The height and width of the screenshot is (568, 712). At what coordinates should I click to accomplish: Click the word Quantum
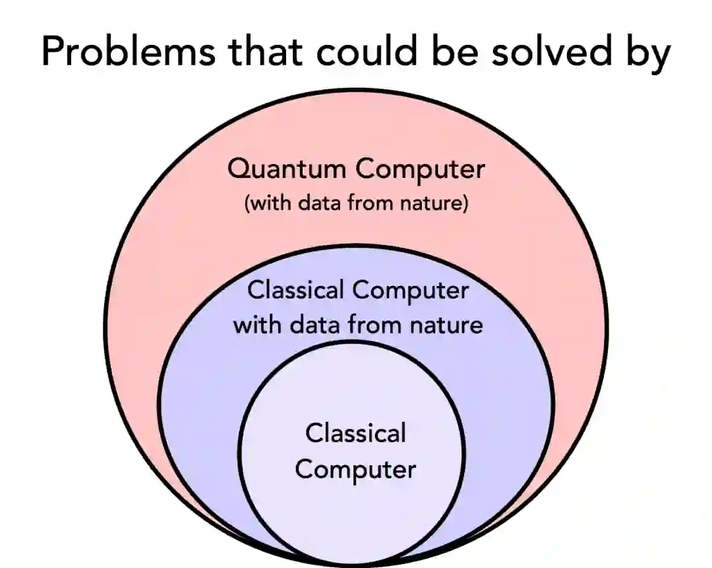point(286,171)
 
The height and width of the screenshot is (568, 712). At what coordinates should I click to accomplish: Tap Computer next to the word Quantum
point(420,171)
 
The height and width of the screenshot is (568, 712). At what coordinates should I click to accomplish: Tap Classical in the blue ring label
point(295,291)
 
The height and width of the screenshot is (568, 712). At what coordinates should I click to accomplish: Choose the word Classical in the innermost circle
point(356,434)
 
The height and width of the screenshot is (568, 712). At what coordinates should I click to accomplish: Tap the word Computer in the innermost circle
point(355,470)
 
